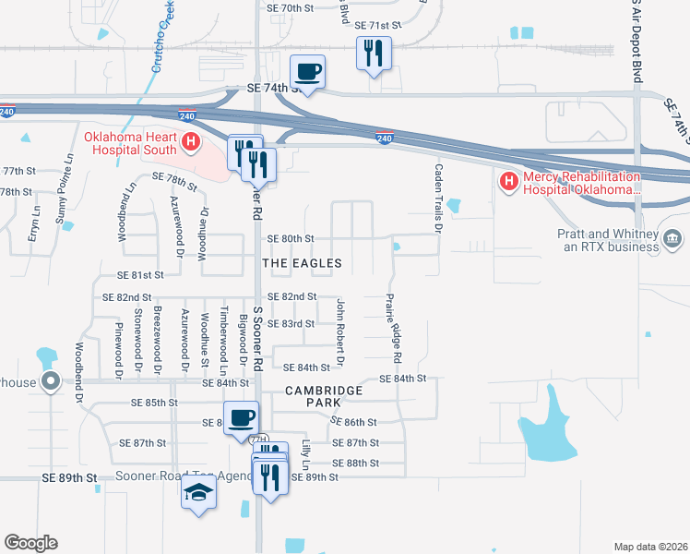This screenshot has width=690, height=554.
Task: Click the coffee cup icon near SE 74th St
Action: [307, 71]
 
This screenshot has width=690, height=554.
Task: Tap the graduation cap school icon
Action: [198, 493]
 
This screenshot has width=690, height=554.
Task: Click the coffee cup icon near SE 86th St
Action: [241, 417]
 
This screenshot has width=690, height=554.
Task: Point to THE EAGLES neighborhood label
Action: [302, 263]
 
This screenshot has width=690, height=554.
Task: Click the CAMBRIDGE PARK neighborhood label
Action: [324, 391]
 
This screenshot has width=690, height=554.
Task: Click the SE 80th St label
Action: [291, 238]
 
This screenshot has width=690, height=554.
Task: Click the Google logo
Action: [30, 542]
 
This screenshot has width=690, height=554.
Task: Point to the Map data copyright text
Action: [649, 546]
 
